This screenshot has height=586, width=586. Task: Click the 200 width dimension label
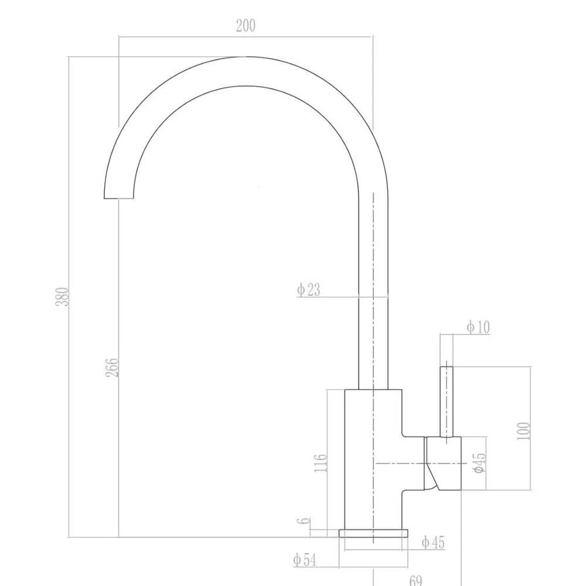246,26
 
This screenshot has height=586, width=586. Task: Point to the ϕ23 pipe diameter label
309,289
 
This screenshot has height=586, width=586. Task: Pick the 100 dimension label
524,431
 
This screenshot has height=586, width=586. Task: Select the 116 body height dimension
321,462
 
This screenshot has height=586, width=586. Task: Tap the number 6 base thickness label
303,521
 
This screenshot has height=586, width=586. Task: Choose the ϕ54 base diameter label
305,560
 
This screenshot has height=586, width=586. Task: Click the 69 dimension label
415,580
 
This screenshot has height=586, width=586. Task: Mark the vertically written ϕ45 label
479,463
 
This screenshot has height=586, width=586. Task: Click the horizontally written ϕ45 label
433,543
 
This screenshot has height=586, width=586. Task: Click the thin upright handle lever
447,401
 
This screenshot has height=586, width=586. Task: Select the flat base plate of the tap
373,533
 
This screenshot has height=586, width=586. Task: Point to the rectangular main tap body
373,457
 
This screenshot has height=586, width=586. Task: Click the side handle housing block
444,463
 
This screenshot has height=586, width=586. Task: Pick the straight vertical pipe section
373,293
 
